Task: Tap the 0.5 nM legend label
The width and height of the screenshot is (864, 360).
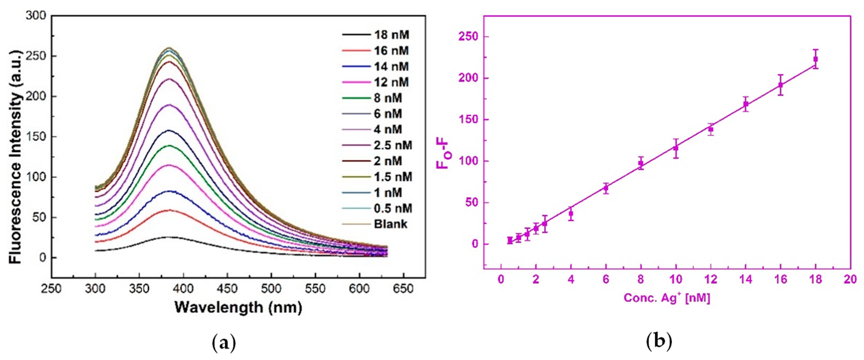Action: pos(393,208)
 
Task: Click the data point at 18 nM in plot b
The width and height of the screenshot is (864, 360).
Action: pos(816,59)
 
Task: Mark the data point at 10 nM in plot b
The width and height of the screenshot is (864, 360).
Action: pos(676,148)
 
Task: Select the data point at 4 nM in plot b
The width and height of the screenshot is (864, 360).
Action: pos(571,214)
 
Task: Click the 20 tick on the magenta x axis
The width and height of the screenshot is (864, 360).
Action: pos(851,279)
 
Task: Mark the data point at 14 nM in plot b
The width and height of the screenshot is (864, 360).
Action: pos(746,104)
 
